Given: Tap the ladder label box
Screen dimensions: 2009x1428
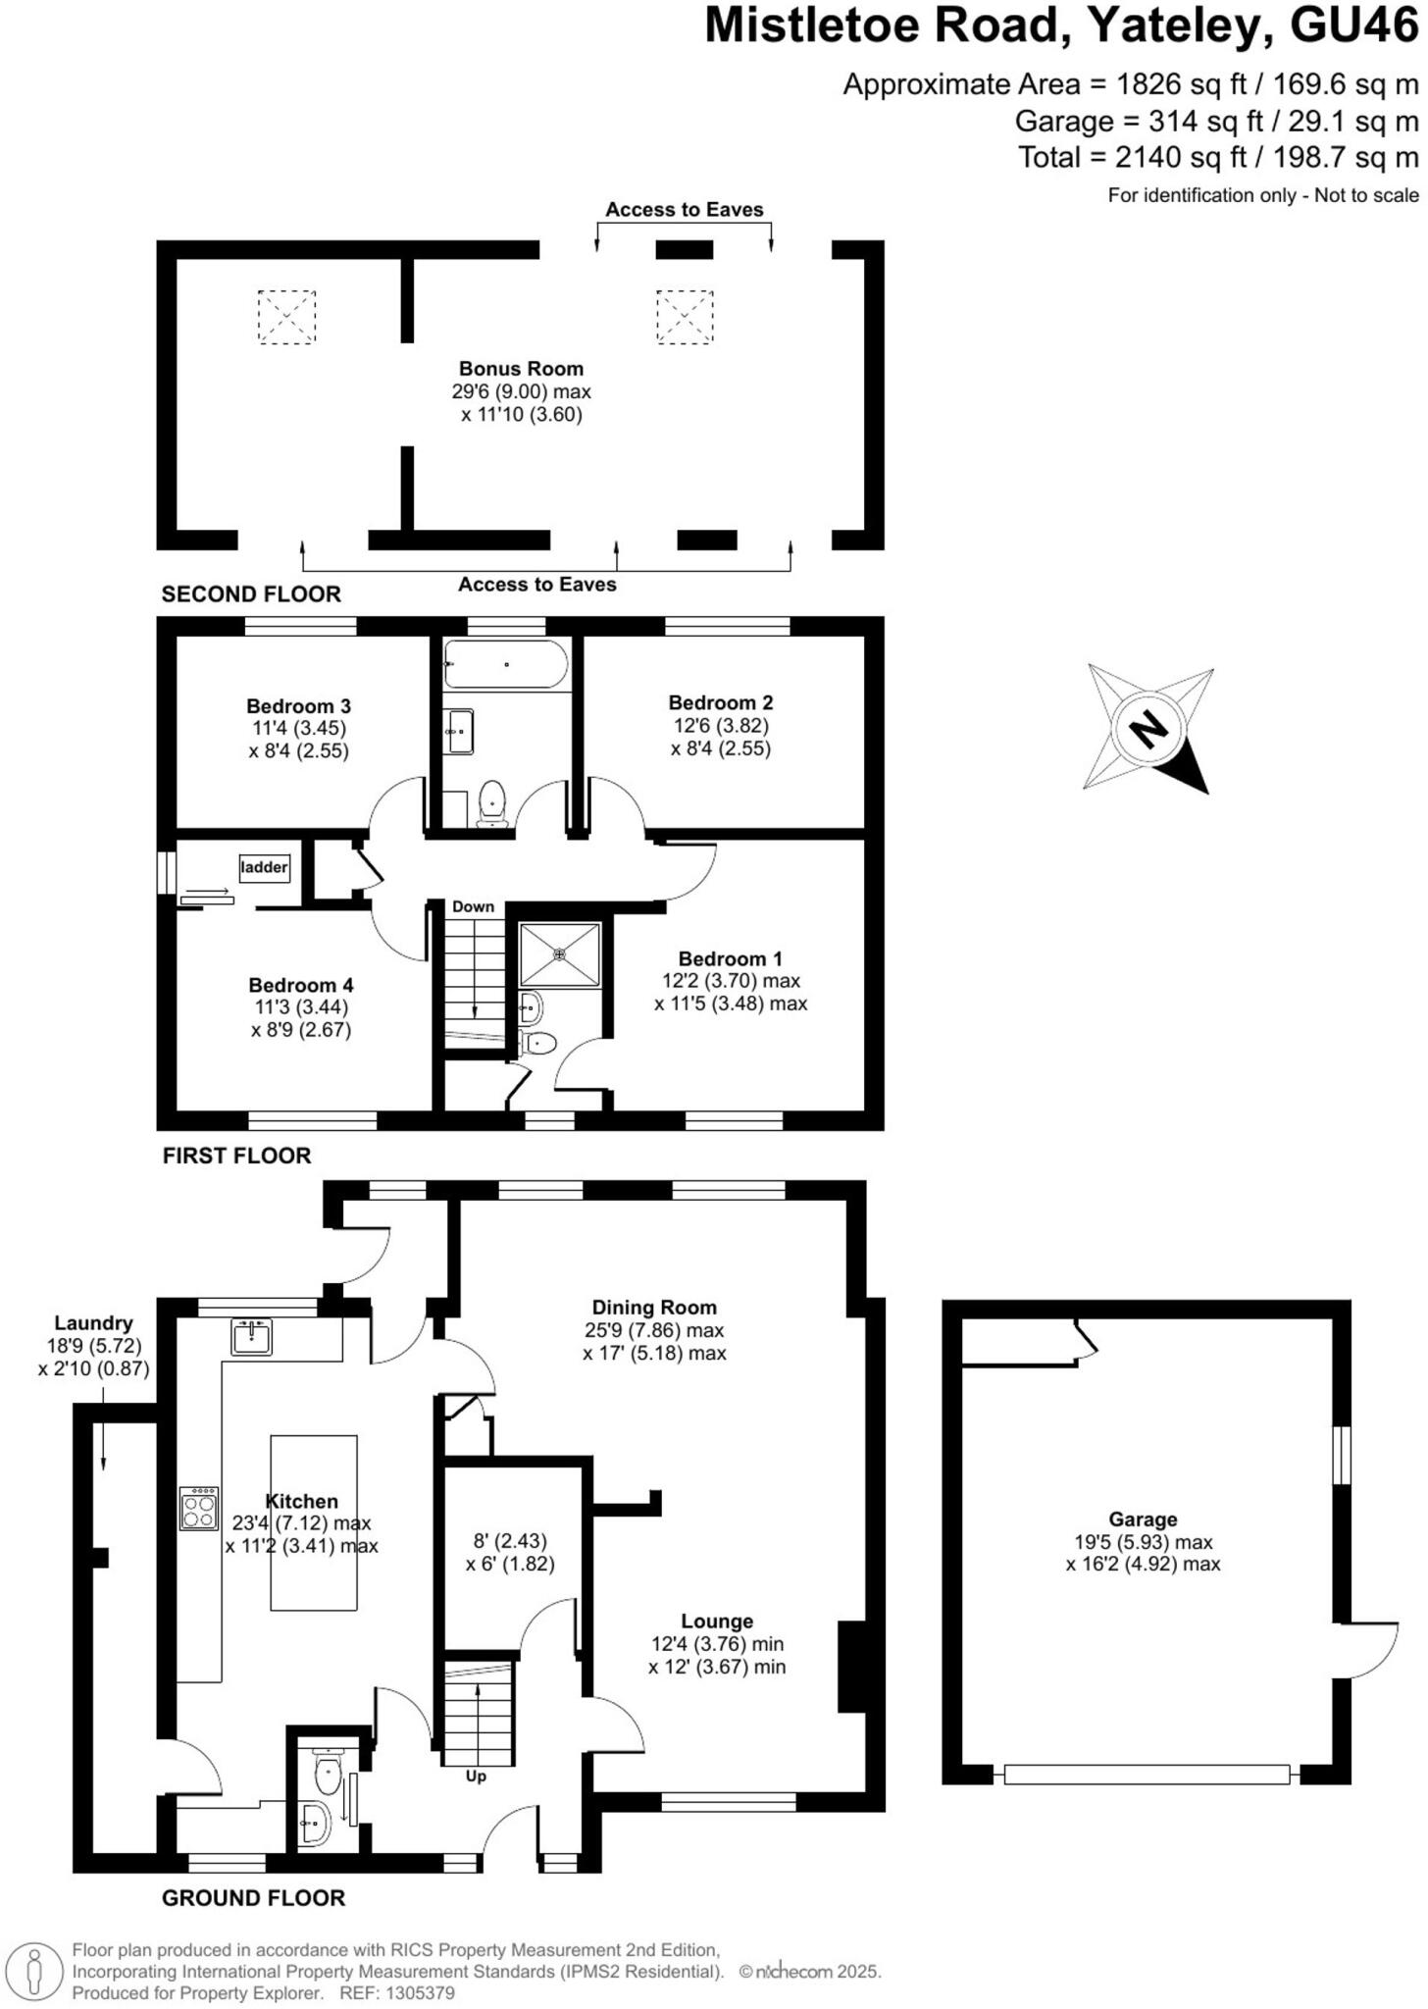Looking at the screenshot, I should tap(265, 867).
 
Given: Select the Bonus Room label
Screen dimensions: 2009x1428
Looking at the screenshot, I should tap(521, 369).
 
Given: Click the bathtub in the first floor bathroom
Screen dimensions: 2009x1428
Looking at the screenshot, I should tap(505, 664).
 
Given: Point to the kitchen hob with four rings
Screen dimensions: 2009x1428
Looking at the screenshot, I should tap(199, 1509).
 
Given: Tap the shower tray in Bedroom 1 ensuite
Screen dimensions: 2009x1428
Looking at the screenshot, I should tap(559, 953).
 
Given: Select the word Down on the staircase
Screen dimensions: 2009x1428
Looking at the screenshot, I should tap(473, 906).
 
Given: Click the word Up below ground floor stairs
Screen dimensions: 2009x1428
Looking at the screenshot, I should tap(476, 1776).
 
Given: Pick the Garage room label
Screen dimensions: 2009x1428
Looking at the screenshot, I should tap(1143, 1520).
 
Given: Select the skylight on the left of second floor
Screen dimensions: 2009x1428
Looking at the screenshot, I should tap(286, 317).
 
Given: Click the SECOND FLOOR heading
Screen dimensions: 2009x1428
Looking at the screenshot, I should tap(251, 593).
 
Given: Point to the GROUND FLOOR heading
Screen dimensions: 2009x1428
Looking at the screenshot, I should tap(253, 1898).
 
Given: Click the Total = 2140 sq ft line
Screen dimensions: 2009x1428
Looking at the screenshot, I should tap(1218, 157).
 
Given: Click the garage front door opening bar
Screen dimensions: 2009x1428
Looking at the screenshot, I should tap(1147, 1774).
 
